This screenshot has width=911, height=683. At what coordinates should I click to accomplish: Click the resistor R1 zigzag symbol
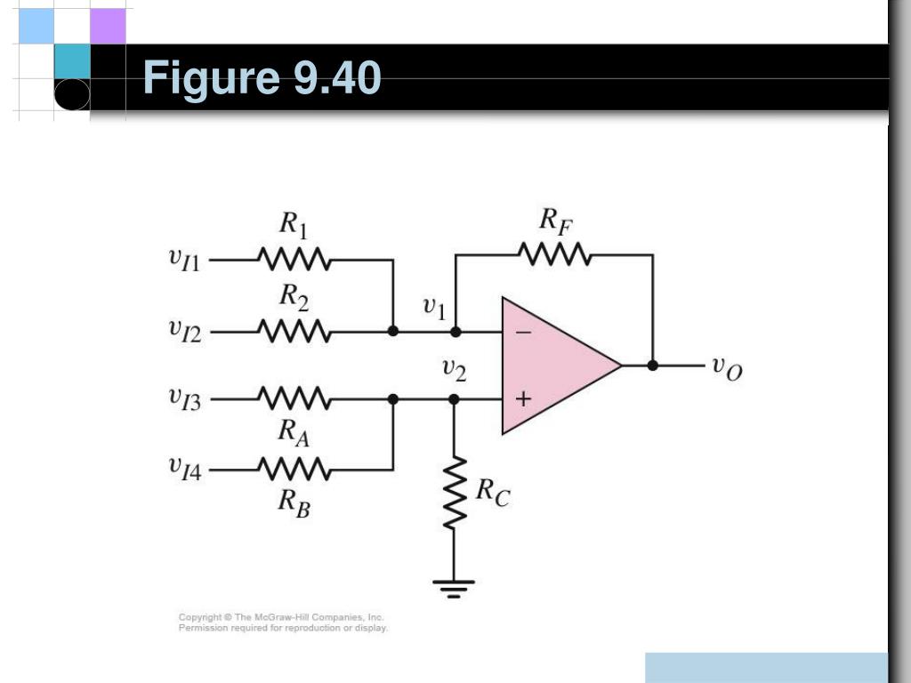294,261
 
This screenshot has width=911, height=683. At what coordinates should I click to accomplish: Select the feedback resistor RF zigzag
554,254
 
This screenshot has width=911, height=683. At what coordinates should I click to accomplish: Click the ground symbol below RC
454,586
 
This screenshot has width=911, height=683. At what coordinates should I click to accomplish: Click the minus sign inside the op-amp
523,332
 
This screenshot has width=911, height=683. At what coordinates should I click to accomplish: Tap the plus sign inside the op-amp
523,399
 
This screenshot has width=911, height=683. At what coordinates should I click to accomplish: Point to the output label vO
726,366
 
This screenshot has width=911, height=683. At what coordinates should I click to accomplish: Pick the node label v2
454,369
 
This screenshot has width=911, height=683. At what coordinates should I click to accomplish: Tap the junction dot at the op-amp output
653,365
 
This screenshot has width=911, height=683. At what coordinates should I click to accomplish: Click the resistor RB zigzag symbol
294,467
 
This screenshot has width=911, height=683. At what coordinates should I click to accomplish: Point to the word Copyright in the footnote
200,616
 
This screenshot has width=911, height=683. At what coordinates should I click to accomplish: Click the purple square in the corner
108,26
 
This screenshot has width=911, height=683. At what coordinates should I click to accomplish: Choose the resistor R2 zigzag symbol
294,332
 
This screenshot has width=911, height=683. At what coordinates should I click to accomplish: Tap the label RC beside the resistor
493,491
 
